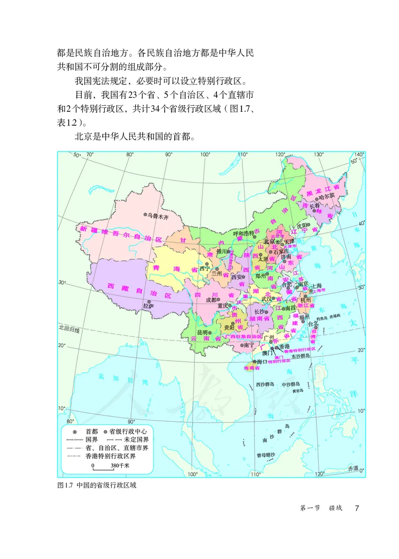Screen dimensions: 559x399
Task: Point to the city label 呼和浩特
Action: tap(244, 234)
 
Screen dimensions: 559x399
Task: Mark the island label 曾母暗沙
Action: tap(266, 455)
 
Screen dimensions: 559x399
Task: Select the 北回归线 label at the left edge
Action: tap(68, 328)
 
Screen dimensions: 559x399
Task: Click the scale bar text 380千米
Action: tap(120, 466)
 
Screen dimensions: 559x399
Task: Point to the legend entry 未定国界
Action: tap(131, 440)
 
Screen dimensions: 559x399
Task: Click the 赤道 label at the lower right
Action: tap(354, 468)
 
